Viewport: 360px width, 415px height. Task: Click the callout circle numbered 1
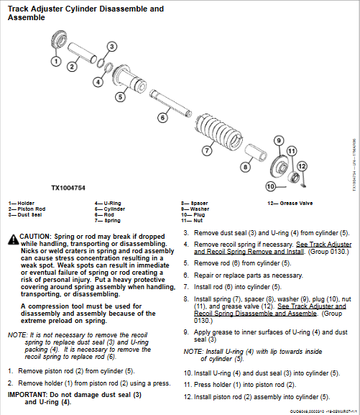[x=56, y=61]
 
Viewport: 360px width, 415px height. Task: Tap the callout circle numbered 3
[x=111, y=46]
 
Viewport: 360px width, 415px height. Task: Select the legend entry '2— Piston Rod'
[x=22, y=209]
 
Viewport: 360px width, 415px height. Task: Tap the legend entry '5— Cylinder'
[x=109, y=209]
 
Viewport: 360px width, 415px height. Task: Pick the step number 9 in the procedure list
[x=185, y=332]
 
